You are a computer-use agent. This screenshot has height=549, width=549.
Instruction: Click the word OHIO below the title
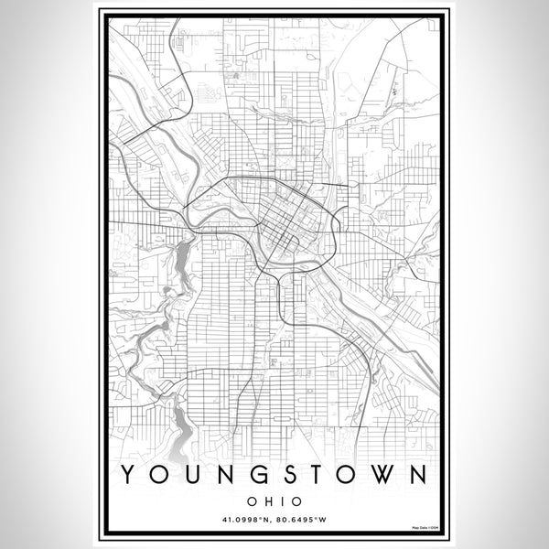click(x=274, y=501)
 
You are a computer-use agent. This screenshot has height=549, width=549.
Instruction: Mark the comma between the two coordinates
click(x=274, y=522)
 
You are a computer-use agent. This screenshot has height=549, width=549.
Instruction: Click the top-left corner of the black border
click(x=100, y=10)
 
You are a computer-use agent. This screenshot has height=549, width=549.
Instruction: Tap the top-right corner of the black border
click(x=448, y=10)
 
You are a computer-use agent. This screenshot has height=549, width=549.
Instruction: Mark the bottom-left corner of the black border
click(x=100, y=538)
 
